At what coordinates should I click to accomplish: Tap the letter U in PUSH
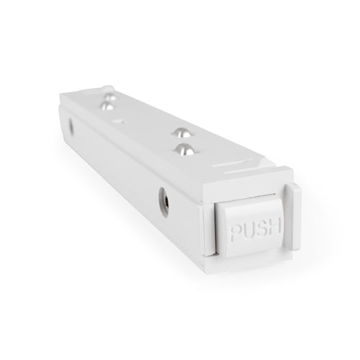248,232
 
